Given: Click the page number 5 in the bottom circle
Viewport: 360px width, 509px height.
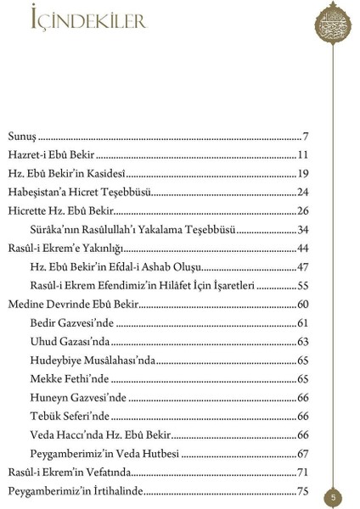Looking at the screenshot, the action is (335, 496).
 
